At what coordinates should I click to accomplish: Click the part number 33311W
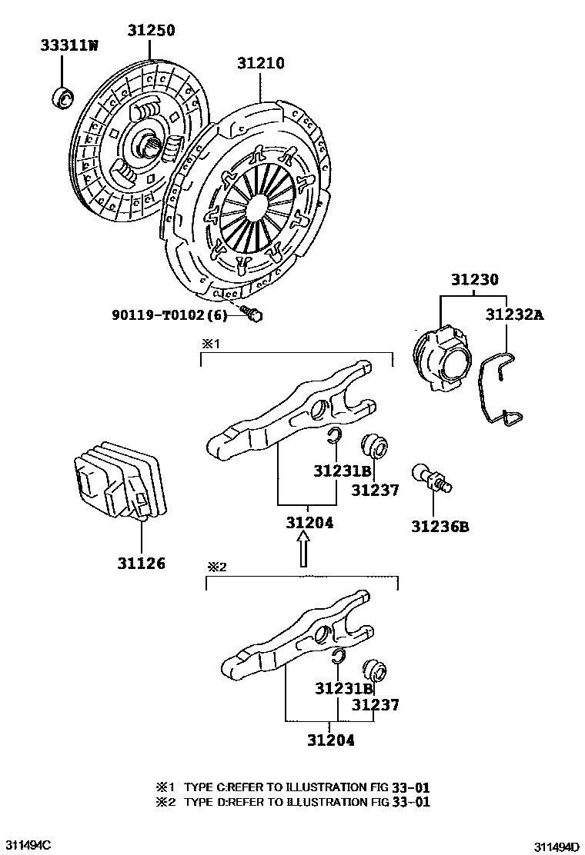pyautogui.click(x=69, y=45)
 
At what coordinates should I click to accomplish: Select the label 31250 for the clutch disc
pyautogui.click(x=151, y=31)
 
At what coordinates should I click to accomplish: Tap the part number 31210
pyautogui.click(x=259, y=63)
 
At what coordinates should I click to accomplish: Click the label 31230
pyautogui.click(x=474, y=279)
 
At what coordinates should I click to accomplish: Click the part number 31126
pyautogui.click(x=141, y=563)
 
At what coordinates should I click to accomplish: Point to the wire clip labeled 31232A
pyautogui.click(x=498, y=392)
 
